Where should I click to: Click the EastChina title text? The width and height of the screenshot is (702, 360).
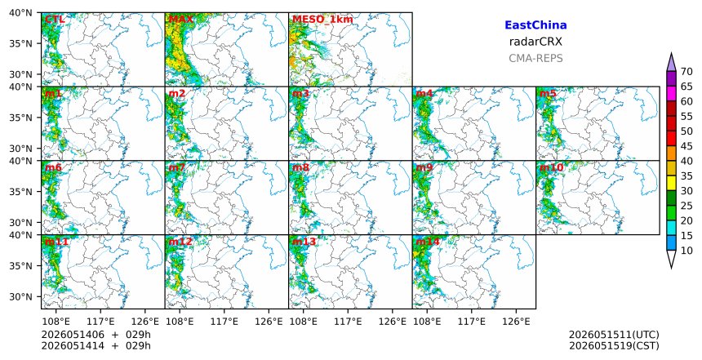535,25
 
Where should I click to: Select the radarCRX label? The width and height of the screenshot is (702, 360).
535,42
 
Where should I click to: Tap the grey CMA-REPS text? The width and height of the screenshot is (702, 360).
535,58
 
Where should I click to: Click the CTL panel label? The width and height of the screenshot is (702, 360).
55,20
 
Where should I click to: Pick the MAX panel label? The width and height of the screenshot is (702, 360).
180,20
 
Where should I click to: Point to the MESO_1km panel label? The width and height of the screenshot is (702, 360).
322,20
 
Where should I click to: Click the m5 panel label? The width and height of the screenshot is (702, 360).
548,94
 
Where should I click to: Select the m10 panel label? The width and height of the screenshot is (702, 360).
551,167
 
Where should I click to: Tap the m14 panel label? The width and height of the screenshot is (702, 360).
428,242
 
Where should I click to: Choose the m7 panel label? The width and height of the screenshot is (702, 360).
177,167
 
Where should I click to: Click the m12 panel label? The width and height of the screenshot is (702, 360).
180,242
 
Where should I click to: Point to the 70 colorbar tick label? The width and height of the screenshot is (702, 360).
686,72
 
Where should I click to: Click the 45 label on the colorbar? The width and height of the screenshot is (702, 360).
686,146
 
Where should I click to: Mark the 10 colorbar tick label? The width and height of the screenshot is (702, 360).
686,251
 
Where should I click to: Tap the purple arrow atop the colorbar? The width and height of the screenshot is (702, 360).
671,62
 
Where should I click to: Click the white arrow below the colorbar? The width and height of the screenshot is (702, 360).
671,260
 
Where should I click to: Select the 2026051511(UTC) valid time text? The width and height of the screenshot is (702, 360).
614,335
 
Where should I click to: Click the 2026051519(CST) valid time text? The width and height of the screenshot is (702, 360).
614,346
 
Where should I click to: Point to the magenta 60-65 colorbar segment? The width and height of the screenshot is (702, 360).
671,94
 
